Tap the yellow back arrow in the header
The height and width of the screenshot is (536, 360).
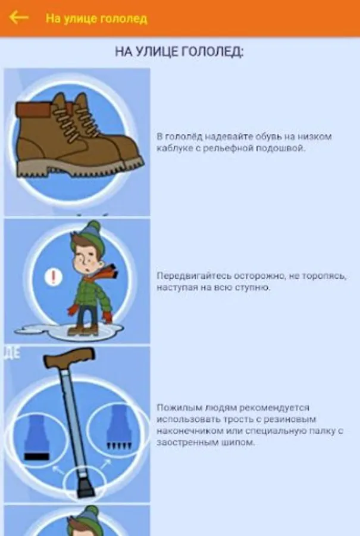coord(19,17)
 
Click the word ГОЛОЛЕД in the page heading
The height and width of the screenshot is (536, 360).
coord(211,52)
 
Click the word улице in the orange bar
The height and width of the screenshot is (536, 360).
coord(76,18)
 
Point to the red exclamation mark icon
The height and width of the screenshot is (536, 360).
coord(54,277)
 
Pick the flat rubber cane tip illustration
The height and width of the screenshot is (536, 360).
coord(36,438)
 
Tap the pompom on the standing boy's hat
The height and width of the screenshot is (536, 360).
coord(94,226)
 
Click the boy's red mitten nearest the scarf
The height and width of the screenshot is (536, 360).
coord(108,317)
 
